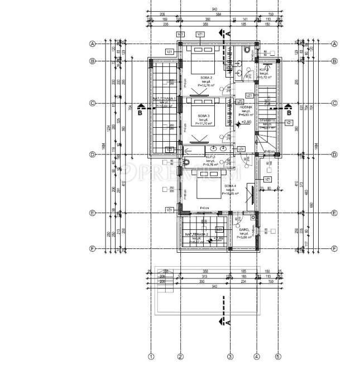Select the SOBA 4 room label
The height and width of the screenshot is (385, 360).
231,185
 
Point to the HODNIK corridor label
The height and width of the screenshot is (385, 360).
247,107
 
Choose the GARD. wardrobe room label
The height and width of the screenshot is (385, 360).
243,229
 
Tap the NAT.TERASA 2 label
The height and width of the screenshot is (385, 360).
197,234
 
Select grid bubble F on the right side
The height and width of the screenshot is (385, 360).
334,248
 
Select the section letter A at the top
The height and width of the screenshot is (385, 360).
228,33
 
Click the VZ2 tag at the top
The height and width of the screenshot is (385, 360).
180,35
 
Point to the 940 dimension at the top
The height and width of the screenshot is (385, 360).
214,9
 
